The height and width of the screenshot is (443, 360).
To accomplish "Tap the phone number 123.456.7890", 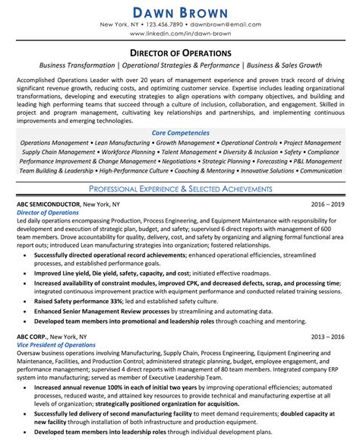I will click(x=165, y=25).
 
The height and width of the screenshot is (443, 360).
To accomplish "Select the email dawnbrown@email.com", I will click(x=227, y=25).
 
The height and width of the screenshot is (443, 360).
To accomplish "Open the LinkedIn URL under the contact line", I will click(x=180, y=35).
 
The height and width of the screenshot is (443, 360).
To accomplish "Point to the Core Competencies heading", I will click(x=180, y=132).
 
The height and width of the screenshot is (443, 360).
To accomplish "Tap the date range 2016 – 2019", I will click(x=327, y=205).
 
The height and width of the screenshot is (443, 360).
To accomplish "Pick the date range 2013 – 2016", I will click(x=327, y=336).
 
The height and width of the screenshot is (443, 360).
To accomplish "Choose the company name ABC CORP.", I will click(x=34, y=336).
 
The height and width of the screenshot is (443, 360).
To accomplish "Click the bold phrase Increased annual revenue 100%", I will click(x=85, y=388).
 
